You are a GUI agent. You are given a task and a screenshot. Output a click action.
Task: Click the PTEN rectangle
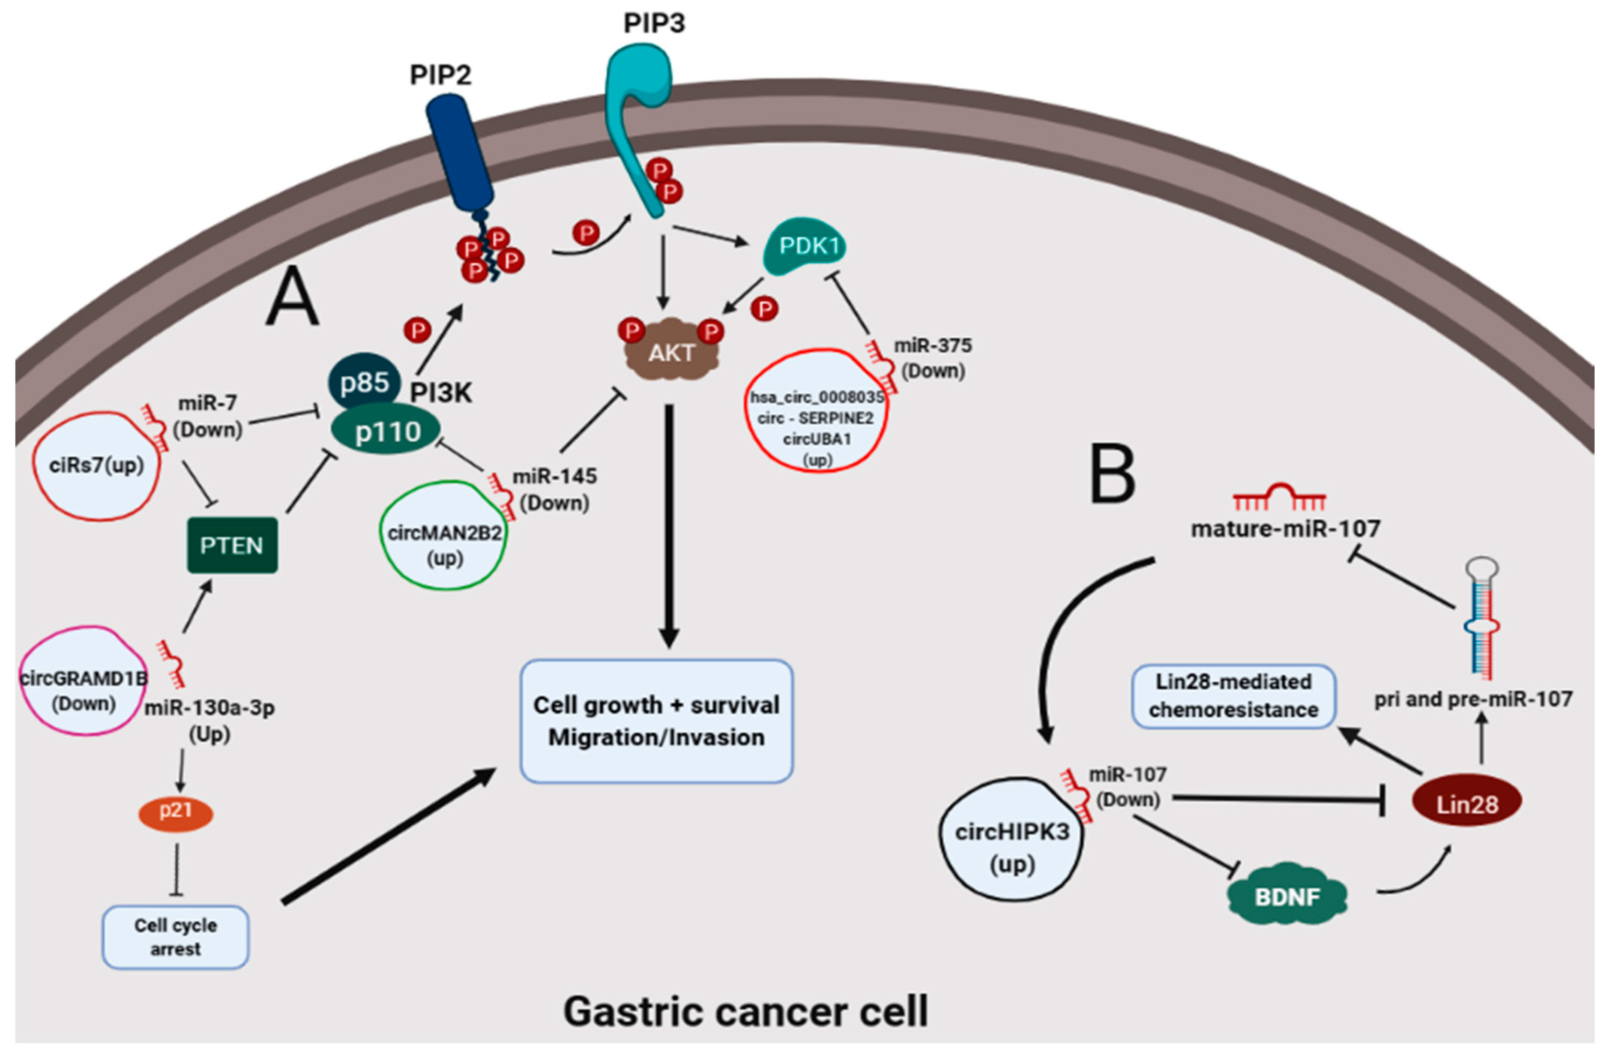click(x=232, y=545)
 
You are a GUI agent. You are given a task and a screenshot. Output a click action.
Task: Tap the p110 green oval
click(x=387, y=431)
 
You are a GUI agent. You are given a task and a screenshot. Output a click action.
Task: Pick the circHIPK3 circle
click(x=1011, y=839)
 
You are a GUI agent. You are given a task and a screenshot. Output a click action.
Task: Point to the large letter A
click(x=291, y=297)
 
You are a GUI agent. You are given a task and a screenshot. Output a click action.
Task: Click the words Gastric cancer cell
click(x=745, y=1011)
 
